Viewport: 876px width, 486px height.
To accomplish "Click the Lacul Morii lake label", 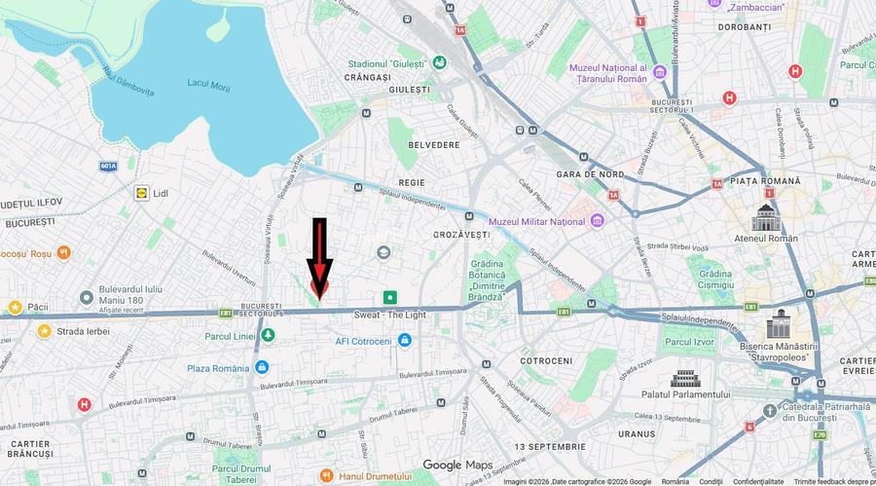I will click(x=209, y=87).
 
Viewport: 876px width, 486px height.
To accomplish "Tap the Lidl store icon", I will click(x=142, y=193).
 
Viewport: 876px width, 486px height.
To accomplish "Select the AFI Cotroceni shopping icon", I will click(x=405, y=341).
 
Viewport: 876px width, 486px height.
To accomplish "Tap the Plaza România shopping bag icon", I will click(x=261, y=367).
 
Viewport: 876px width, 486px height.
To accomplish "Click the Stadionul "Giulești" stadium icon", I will click(x=440, y=63).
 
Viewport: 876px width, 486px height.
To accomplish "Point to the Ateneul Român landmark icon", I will click(x=767, y=217).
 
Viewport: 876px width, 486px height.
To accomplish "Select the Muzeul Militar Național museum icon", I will click(x=598, y=221).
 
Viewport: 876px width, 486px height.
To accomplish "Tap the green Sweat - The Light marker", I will click(x=390, y=297).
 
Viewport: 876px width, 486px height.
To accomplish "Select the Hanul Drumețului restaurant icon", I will click(x=327, y=477).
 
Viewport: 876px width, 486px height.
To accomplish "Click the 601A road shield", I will click(x=108, y=167).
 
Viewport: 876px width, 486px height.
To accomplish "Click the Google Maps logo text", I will click(x=457, y=465).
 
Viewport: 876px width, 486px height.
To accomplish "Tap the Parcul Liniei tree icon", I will click(x=267, y=336).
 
